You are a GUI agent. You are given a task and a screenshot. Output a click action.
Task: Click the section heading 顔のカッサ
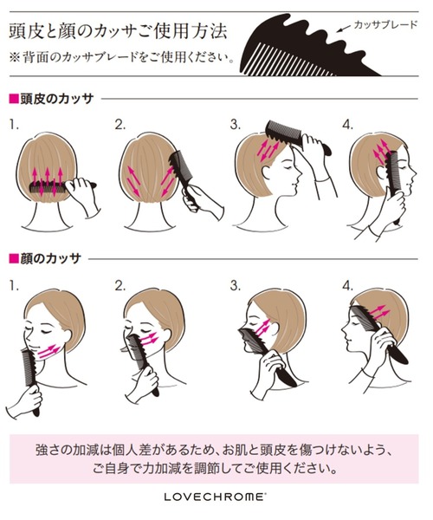[x=50, y=258]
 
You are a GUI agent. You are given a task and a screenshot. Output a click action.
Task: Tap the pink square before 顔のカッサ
[x=12, y=258]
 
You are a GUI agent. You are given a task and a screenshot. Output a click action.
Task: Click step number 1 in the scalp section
[x=14, y=125]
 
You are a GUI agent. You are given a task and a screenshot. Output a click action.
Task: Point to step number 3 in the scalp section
[x=235, y=125]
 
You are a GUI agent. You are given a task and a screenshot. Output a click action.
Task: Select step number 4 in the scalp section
[x=347, y=125]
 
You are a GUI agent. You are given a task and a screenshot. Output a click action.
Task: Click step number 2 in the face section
[x=120, y=284]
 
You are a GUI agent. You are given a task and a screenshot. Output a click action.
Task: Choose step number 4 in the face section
[x=347, y=284]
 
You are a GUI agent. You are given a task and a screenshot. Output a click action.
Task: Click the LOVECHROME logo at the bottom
[x=216, y=498]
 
